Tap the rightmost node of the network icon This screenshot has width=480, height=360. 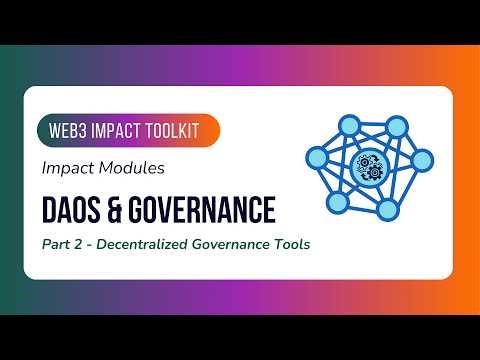pyautogui.click(x=421, y=159)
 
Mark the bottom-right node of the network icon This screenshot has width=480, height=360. pyautogui.click(x=388, y=208)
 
